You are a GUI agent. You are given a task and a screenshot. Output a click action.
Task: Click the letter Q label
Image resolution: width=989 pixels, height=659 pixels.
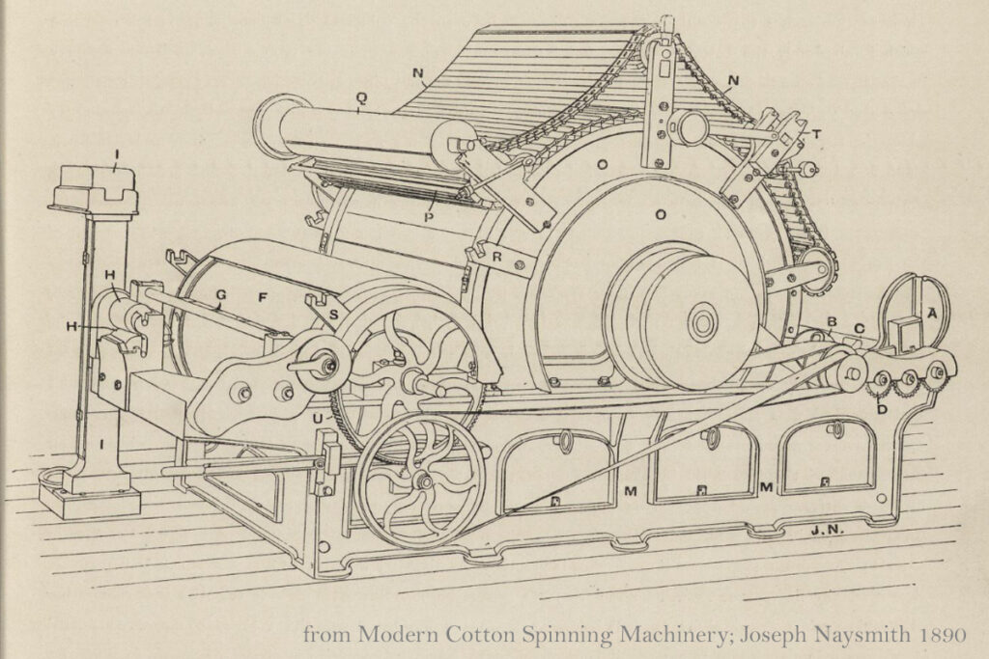[361, 97]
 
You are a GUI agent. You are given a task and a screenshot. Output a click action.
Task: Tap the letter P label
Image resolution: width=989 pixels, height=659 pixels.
[429, 217]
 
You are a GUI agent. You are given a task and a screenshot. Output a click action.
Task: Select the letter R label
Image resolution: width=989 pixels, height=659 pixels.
[497, 257]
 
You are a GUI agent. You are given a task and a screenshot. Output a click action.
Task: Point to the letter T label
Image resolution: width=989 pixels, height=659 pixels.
[817, 133]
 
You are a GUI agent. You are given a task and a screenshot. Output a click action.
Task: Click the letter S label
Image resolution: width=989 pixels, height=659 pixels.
[333, 314]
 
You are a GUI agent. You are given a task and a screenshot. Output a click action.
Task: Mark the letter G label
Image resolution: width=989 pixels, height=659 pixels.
[221, 294]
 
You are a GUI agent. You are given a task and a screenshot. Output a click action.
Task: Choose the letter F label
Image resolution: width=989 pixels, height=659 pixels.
[263, 297]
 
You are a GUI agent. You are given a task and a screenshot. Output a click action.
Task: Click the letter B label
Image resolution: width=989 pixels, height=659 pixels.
[832, 322]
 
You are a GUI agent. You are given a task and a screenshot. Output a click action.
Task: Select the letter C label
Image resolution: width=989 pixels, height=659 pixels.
[859, 328]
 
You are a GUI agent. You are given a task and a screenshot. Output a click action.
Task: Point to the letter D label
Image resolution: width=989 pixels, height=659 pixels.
[882, 409]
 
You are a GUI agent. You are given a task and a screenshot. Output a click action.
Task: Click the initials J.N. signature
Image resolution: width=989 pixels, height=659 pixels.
[828, 530]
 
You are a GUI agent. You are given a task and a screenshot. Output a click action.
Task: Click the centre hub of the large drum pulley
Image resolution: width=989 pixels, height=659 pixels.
[701, 323]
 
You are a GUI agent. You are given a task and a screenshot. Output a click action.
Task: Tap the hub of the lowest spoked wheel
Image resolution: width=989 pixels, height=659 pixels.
[424, 482]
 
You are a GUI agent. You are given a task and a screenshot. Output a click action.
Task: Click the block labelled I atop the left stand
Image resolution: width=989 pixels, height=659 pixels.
[95, 187]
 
